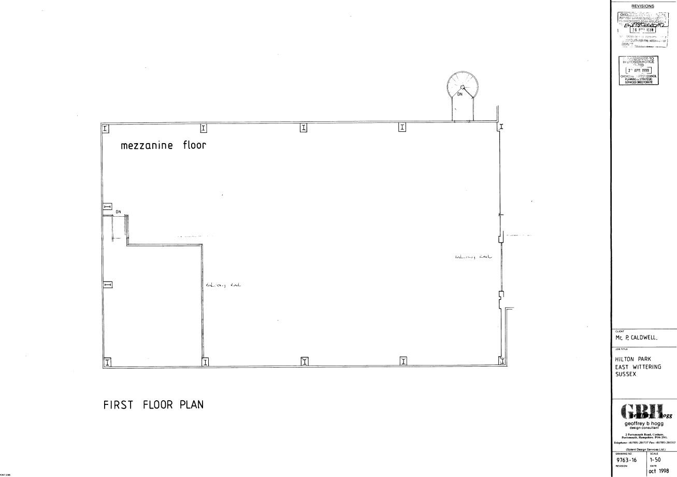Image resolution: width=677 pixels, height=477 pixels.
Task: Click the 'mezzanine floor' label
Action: click(x=163, y=145)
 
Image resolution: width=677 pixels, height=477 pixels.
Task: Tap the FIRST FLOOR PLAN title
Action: click(x=153, y=405)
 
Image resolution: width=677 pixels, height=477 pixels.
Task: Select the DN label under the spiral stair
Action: click(x=459, y=94)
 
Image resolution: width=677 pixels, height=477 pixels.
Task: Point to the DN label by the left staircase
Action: click(x=118, y=212)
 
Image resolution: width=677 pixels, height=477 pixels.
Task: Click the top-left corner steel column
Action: click(x=105, y=128)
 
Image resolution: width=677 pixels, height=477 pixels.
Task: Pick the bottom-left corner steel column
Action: click(x=107, y=362)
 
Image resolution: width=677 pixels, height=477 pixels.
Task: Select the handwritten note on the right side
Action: click(x=473, y=257)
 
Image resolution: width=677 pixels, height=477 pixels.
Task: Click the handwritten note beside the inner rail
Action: click(x=223, y=285)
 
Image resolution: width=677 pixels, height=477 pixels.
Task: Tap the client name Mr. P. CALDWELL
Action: click(x=636, y=338)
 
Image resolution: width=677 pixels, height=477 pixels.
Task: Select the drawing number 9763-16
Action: click(x=627, y=459)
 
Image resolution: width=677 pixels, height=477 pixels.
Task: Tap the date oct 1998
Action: click(x=658, y=471)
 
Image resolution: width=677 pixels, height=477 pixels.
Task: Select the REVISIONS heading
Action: click(x=643, y=6)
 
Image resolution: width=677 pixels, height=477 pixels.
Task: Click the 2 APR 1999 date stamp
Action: click(x=639, y=70)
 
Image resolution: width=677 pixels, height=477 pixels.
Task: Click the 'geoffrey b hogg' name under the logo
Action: click(x=643, y=424)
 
